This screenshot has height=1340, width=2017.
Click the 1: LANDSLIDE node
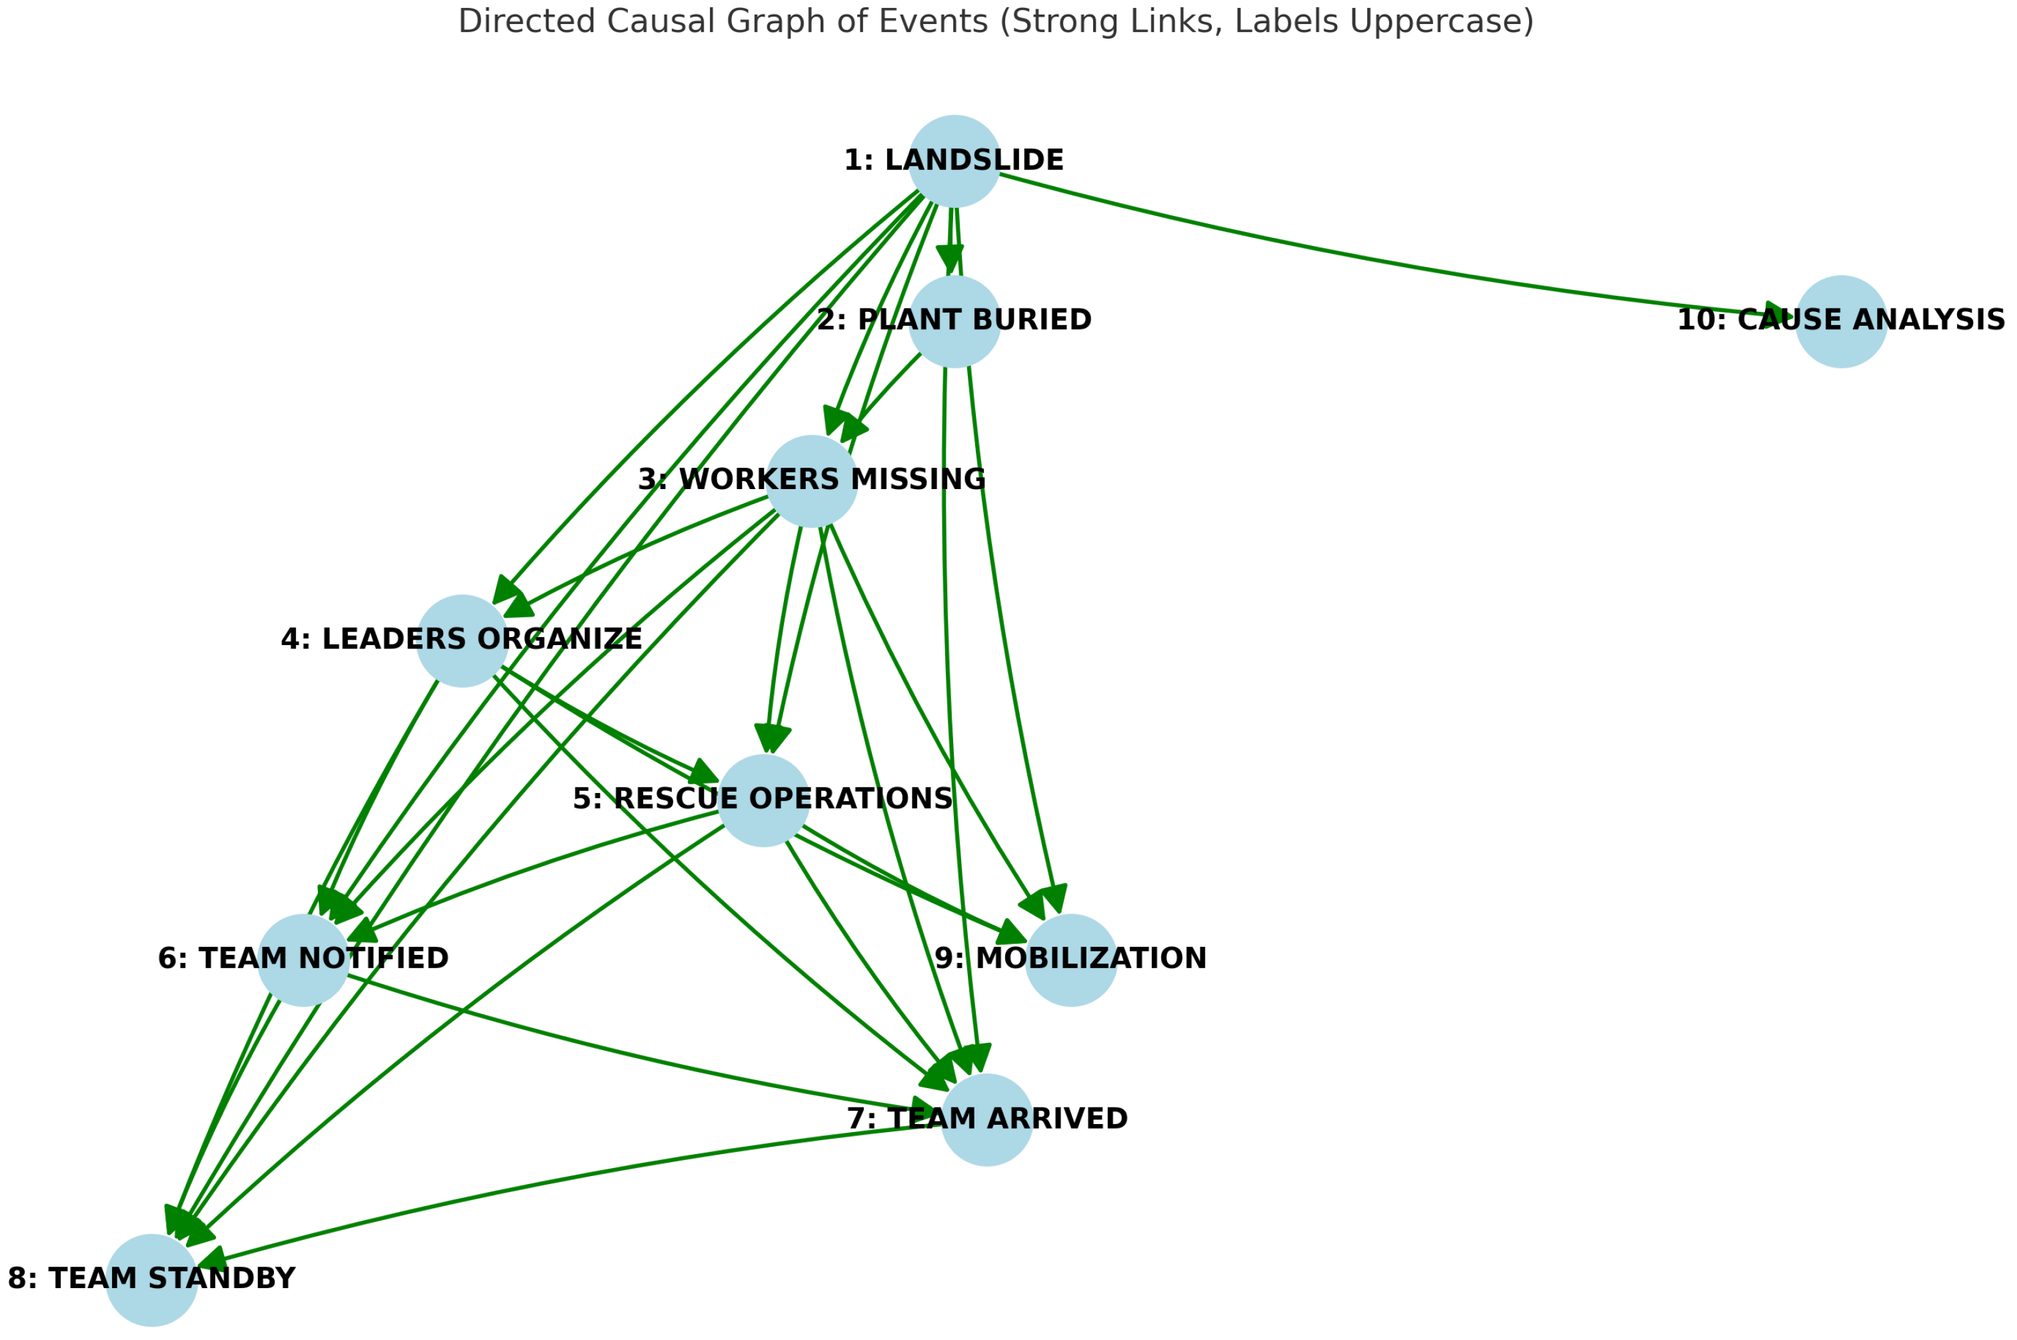tap(954, 161)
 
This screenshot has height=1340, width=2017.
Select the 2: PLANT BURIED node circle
tap(954, 321)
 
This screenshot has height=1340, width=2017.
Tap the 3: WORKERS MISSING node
tap(811, 481)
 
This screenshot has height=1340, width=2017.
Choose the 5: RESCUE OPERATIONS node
tap(763, 801)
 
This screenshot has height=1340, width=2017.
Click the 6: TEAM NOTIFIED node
tap(303, 961)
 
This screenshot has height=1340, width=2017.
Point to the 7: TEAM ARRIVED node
tap(987, 1120)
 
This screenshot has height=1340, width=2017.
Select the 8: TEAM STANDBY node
tap(151, 1280)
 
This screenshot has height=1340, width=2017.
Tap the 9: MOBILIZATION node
tap(1071, 961)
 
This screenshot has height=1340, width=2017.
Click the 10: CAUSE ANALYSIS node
tap(1841, 321)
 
